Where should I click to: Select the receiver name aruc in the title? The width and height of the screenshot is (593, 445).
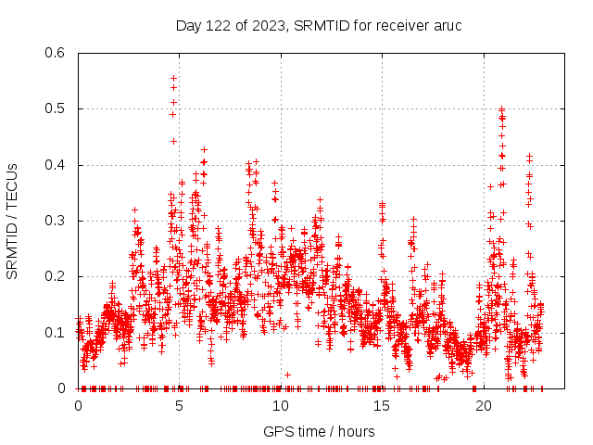(445, 25)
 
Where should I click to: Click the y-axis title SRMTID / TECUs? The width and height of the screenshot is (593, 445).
(12, 221)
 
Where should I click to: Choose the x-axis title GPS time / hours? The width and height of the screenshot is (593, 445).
(319, 431)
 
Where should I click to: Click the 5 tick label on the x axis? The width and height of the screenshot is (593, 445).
(179, 406)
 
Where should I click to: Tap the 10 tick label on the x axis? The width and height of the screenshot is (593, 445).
(280, 406)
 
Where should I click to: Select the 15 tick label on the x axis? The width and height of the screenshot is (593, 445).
(382, 406)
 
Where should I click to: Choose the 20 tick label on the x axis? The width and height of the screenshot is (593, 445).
(483, 406)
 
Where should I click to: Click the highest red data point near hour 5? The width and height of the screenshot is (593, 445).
(173, 79)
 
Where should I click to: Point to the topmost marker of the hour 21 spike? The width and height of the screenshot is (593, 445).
(501, 109)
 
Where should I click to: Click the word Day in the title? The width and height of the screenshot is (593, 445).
(188, 25)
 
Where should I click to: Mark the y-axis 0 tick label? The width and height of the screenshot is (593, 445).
(62, 388)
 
